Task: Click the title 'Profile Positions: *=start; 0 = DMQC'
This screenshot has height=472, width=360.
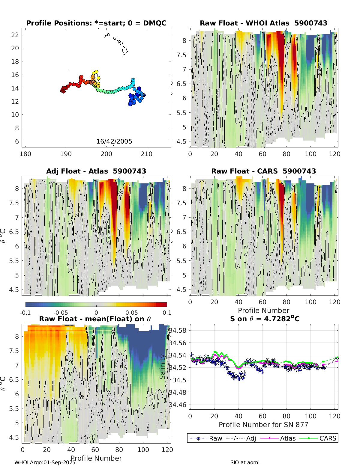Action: point(96,23)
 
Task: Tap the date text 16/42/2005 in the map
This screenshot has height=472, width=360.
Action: point(114,141)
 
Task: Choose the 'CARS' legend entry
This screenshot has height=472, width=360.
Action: point(328,438)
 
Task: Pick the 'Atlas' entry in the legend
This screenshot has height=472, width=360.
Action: point(288,438)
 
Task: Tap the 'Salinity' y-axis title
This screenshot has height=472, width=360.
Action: point(163,367)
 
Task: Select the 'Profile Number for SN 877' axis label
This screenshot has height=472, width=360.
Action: point(263,425)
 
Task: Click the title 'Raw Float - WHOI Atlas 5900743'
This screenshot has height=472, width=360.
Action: point(263,23)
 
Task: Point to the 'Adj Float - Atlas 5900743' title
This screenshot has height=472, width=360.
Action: point(96,171)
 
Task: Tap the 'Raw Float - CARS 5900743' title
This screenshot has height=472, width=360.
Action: point(263,171)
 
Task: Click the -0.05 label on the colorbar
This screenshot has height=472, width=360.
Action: point(61,313)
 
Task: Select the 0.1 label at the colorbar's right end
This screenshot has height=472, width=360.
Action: point(167,313)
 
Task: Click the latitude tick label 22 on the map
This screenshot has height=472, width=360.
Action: point(15,35)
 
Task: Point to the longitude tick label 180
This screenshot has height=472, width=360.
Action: point(25,154)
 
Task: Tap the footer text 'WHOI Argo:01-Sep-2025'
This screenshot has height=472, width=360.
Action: point(45,462)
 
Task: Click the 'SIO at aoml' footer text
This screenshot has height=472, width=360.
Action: point(245,462)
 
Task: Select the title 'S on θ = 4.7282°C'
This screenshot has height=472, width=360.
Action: point(265,319)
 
